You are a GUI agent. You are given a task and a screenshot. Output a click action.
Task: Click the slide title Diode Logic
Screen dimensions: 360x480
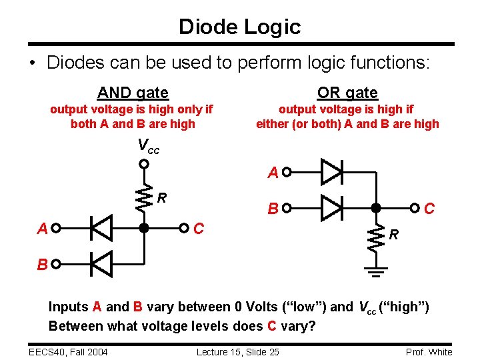[239, 27]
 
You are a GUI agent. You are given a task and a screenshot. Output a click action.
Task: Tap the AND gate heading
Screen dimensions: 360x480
[133, 93]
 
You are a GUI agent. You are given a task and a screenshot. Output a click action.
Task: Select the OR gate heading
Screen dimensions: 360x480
[347, 93]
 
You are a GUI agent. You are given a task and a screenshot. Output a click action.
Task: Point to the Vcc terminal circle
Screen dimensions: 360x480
[143, 163]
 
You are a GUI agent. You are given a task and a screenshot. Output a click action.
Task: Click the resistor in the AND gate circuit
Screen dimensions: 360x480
[143, 196]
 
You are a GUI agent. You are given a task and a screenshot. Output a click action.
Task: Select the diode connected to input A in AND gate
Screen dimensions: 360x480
[101, 229]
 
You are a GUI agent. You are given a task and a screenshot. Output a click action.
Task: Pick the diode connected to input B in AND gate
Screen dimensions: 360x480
[101, 264]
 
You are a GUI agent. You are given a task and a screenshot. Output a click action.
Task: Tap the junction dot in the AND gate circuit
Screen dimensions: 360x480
[143, 229]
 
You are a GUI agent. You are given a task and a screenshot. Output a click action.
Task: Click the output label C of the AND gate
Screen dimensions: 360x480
[198, 229]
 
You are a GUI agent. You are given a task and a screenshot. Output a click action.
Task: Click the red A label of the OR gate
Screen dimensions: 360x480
[272, 173]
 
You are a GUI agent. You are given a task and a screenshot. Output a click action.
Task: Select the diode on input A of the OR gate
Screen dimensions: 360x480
[331, 172]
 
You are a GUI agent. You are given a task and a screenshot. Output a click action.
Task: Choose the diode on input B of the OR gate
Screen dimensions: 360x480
[331, 208]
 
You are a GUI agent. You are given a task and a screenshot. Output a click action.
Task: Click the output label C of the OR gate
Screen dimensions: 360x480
[430, 209]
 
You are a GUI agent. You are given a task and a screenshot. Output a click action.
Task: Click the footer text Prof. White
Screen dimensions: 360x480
[429, 351]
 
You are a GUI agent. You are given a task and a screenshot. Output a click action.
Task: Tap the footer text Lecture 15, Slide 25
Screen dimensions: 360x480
[238, 351]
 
